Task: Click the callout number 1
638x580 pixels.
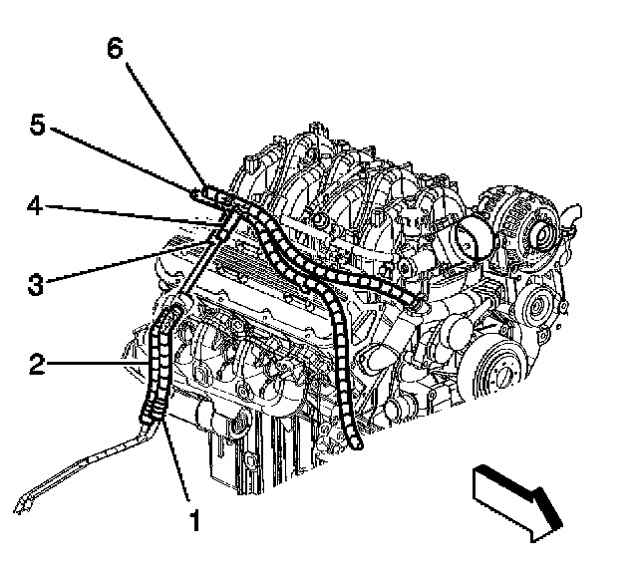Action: click(195, 519)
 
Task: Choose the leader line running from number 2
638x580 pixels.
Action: click(100, 367)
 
